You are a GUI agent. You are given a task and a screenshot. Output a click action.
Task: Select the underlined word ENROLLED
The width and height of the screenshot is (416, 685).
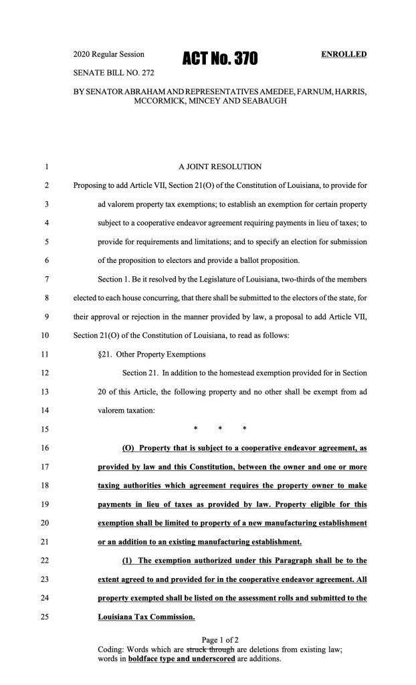344,54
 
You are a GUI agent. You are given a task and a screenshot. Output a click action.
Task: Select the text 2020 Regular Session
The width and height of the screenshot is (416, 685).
113,54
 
